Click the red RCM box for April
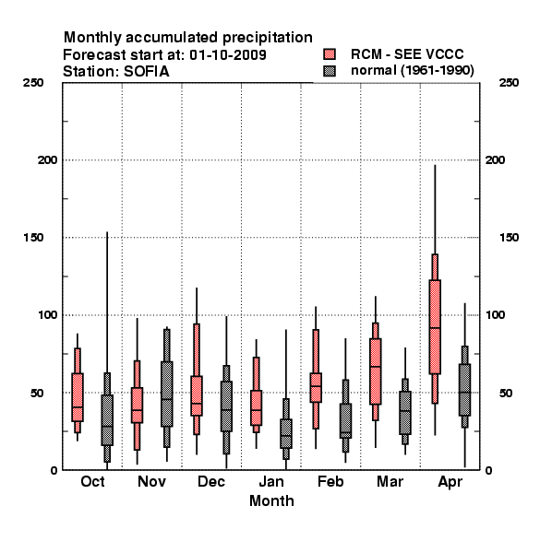click(435, 327)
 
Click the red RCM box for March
click(376, 371)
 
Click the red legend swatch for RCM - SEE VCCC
click(330, 54)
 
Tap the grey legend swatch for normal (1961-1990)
click(330, 71)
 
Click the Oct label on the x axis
click(92, 481)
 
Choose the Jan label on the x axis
click(271, 481)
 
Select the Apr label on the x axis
click(450, 482)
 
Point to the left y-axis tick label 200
click(48, 159)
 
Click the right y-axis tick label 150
click(509, 238)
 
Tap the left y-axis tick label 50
click(37, 393)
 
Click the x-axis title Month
click(271, 500)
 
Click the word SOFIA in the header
click(146, 72)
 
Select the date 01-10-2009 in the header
click(228, 55)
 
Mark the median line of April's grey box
click(465, 393)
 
